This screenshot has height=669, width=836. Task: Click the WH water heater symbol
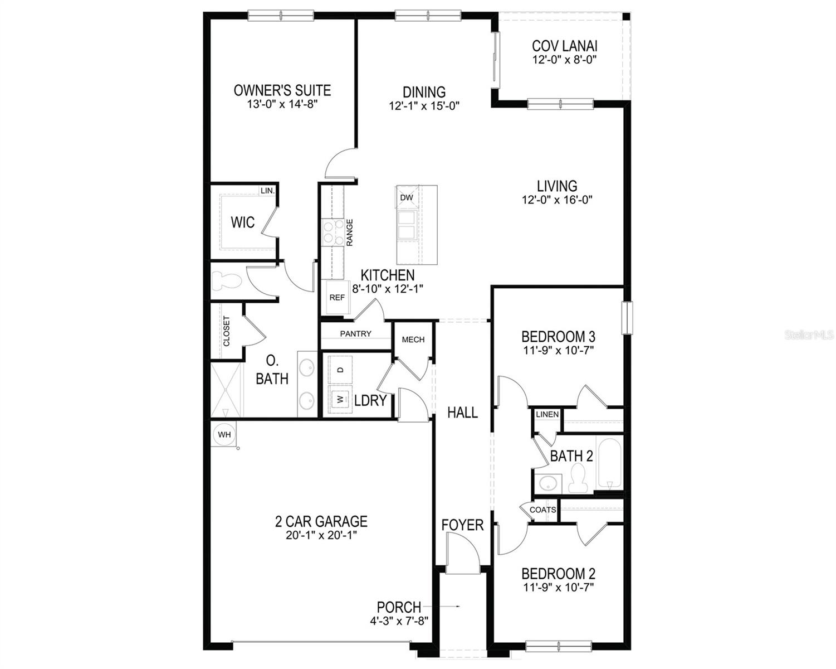click(x=224, y=434)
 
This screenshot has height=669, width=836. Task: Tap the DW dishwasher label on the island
click(x=406, y=197)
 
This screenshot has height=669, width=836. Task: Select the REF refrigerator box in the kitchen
click(x=336, y=298)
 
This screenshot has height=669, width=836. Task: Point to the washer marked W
click(x=339, y=399)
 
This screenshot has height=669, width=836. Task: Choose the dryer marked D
click(x=340, y=370)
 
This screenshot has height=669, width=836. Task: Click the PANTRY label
click(x=355, y=334)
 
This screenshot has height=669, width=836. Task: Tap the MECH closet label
click(x=413, y=340)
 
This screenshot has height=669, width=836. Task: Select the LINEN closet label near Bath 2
click(x=547, y=414)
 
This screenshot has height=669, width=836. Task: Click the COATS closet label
click(x=542, y=510)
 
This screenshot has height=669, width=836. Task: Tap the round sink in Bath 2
click(x=547, y=483)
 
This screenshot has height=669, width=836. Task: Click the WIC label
click(x=243, y=223)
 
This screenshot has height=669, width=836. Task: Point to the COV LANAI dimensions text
click(x=565, y=60)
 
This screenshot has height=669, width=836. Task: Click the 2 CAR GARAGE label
click(x=321, y=522)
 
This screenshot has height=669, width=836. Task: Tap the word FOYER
click(x=462, y=525)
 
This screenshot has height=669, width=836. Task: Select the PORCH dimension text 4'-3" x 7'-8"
click(x=399, y=620)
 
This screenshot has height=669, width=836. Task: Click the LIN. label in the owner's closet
click(x=267, y=191)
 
